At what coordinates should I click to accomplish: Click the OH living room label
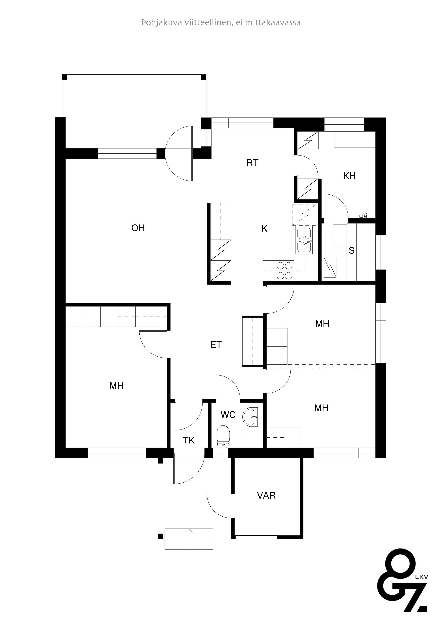(x=138, y=228)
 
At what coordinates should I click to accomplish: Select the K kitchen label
(x=264, y=229)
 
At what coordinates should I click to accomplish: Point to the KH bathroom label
(x=349, y=176)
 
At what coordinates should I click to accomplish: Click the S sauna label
(x=352, y=251)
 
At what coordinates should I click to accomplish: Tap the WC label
(x=228, y=415)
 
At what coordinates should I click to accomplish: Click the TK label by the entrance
(x=188, y=440)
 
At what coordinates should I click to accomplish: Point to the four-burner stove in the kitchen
(x=284, y=271)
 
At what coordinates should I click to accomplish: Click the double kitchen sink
(x=304, y=240)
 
